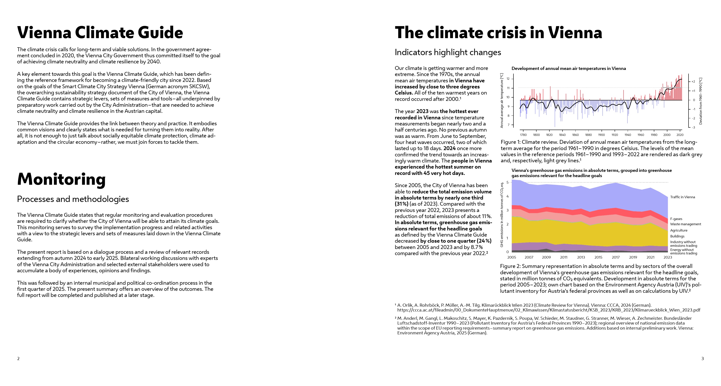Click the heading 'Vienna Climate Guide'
coord(100,32)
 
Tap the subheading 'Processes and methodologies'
coord(73,199)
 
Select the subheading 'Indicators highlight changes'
coord(448,52)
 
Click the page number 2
coord(19,359)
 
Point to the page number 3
coord(702,359)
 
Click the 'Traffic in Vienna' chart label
coord(682,197)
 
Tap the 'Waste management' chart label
coord(685,224)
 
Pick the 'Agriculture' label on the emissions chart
coord(678,230)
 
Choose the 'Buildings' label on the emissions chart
coord(677,236)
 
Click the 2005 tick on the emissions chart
coord(512,257)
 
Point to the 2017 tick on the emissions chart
coord(615,257)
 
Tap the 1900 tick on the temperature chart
coord(602,135)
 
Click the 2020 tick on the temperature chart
coord(680,135)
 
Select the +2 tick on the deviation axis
coord(693,82)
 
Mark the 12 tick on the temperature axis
coord(508,79)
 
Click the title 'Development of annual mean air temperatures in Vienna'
coord(568,69)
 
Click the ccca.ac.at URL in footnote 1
coord(549,310)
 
